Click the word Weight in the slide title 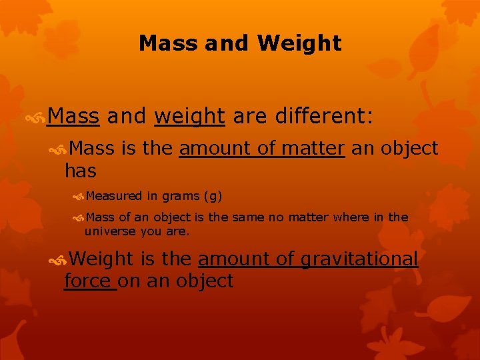[x=299, y=44]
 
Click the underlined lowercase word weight [x=189, y=117]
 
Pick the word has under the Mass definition [x=80, y=171]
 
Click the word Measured [x=113, y=196]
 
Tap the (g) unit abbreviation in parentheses [x=213, y=196]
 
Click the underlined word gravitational [x=360, y=259]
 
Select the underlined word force [x=88, y=281]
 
